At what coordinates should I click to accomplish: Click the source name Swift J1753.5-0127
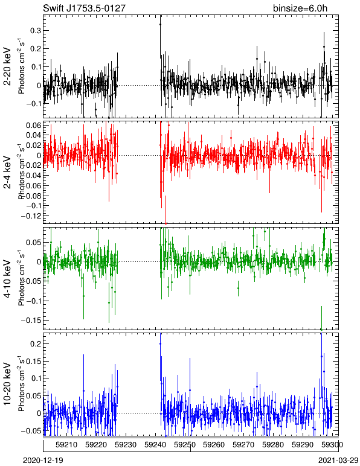click(84, 8)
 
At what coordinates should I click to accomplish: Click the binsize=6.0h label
click(300, 8)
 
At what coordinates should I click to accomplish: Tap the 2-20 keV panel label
click(7, 66)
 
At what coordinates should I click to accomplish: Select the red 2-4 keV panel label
click(7, 173)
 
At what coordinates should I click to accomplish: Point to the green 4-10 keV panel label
click(7, 279)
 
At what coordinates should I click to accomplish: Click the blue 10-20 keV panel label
click(7, 384)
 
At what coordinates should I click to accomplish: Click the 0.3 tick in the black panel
click(35, 31)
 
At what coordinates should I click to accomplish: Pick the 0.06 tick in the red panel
click(33, 125)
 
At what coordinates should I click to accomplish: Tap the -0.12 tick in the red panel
click(30, 215)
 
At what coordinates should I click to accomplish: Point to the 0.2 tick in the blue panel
click(35, 344)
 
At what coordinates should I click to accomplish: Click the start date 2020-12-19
click(43, 461)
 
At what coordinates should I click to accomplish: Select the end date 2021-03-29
click(338, 461)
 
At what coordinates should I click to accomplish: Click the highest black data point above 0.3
click(160, 24)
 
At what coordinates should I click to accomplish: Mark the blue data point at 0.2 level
click(160, 344)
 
